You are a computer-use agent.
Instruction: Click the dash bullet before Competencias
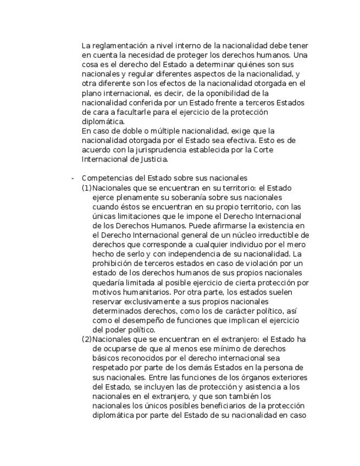72,178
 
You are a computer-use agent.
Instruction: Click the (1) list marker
87,188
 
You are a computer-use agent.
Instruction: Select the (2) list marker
87,339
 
